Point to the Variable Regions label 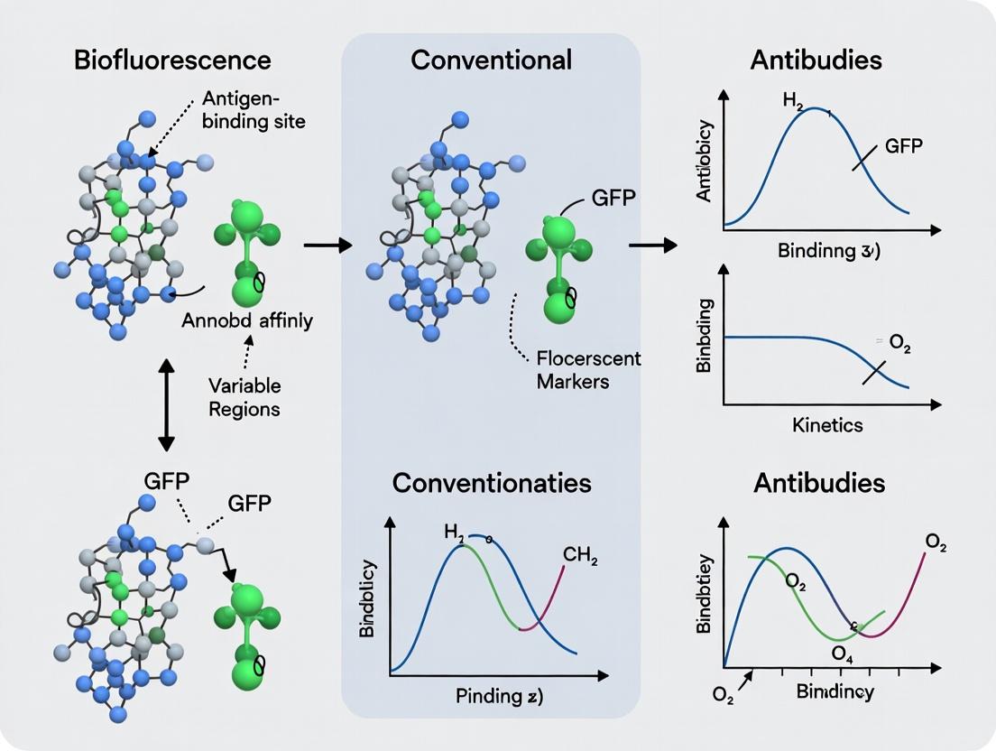244,396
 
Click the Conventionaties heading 492,482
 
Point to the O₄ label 844,652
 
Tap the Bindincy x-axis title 835,692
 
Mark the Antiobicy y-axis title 705,161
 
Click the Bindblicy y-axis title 367,598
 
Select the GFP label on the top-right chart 903,146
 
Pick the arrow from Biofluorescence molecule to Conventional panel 327,244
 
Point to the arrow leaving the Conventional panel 652,244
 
